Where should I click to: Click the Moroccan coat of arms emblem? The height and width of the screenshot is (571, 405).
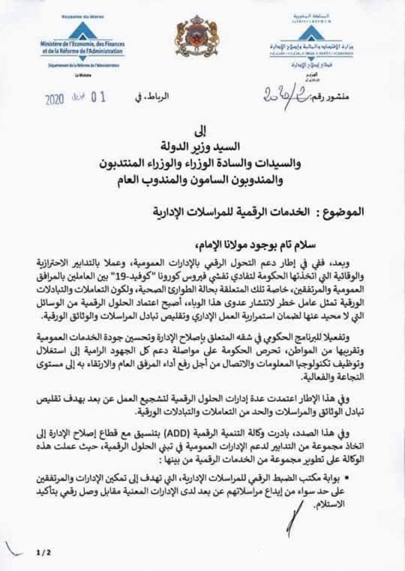(x=196, y=37)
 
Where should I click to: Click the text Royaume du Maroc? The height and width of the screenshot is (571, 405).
(x=82, y=18)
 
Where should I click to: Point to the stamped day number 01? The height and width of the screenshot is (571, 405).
(x=98, y=98)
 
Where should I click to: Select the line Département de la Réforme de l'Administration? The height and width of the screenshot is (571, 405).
(x=82, y=65)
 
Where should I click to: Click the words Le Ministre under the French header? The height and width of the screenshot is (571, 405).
(x=82, y=75)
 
